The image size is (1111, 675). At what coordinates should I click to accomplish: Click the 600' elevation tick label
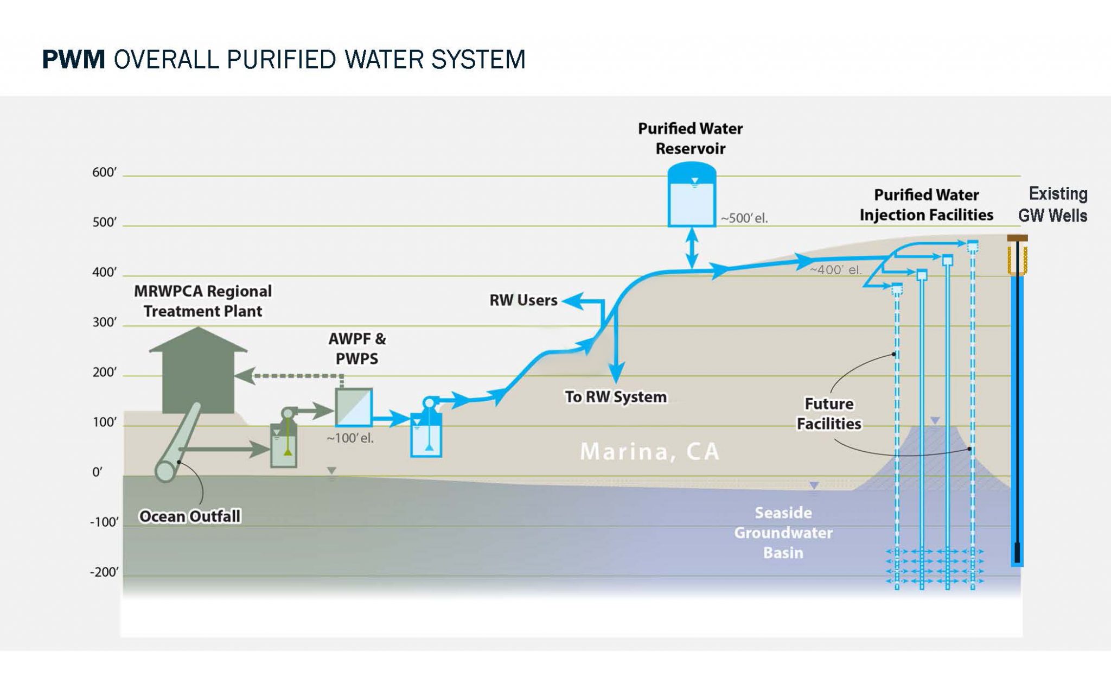click(x=104, y=173)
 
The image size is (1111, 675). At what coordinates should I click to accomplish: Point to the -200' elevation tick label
click(x=104, y=572)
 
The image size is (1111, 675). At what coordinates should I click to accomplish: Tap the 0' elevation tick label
click(x=97, y=472)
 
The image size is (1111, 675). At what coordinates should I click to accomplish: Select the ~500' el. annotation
click(x=744, y=218)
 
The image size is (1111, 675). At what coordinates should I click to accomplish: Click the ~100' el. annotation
click(x=350, y=438)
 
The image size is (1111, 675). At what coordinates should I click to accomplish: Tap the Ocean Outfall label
click(x=190, y=516)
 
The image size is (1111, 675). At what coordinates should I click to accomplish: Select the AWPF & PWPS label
click(x=357, y=349)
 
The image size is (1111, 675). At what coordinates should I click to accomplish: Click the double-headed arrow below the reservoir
click(x=692, y=248)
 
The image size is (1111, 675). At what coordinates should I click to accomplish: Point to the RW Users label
click(x=523, y=300)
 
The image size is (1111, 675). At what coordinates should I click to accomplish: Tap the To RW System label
click(x=616, y=397)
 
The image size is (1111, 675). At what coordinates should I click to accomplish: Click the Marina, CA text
click(x=649, y=452)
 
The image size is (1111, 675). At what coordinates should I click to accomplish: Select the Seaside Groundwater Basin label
click(x=783, y=533)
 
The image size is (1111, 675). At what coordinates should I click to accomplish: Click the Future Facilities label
click(x=829, y=414)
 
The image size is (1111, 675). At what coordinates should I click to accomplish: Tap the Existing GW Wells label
click(x=1053, y=205)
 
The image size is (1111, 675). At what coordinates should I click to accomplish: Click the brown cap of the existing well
click(x=1017, y=238)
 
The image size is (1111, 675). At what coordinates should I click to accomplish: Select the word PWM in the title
click(x=73, y=59)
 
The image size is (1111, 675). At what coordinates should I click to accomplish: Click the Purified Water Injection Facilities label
click(x=927, y=205)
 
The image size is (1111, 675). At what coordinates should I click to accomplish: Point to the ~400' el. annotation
click(x=835, y=270)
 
